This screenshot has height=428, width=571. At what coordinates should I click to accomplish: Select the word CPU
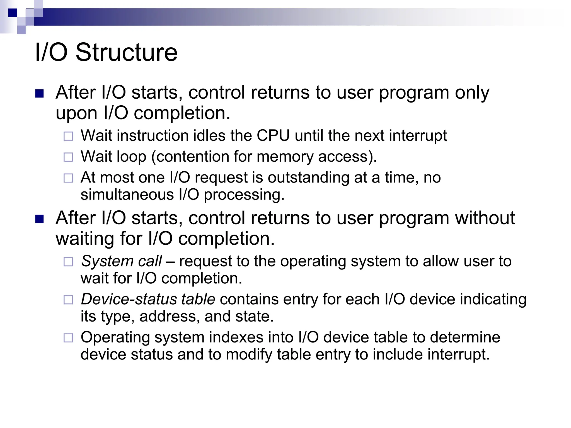tap(273, 136)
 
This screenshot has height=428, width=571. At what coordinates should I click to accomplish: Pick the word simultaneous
tap(127, 194)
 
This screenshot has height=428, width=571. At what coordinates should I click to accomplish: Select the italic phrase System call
tap(121, 261)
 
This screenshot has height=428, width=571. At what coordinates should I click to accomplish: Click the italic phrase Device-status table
tap(148, 299)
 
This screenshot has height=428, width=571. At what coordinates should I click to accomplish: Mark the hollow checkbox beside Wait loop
tap(68, 157)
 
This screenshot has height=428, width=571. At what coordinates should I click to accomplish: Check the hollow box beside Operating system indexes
tap(68, 338)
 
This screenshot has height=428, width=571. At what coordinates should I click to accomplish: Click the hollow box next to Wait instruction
tap(68, 136)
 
